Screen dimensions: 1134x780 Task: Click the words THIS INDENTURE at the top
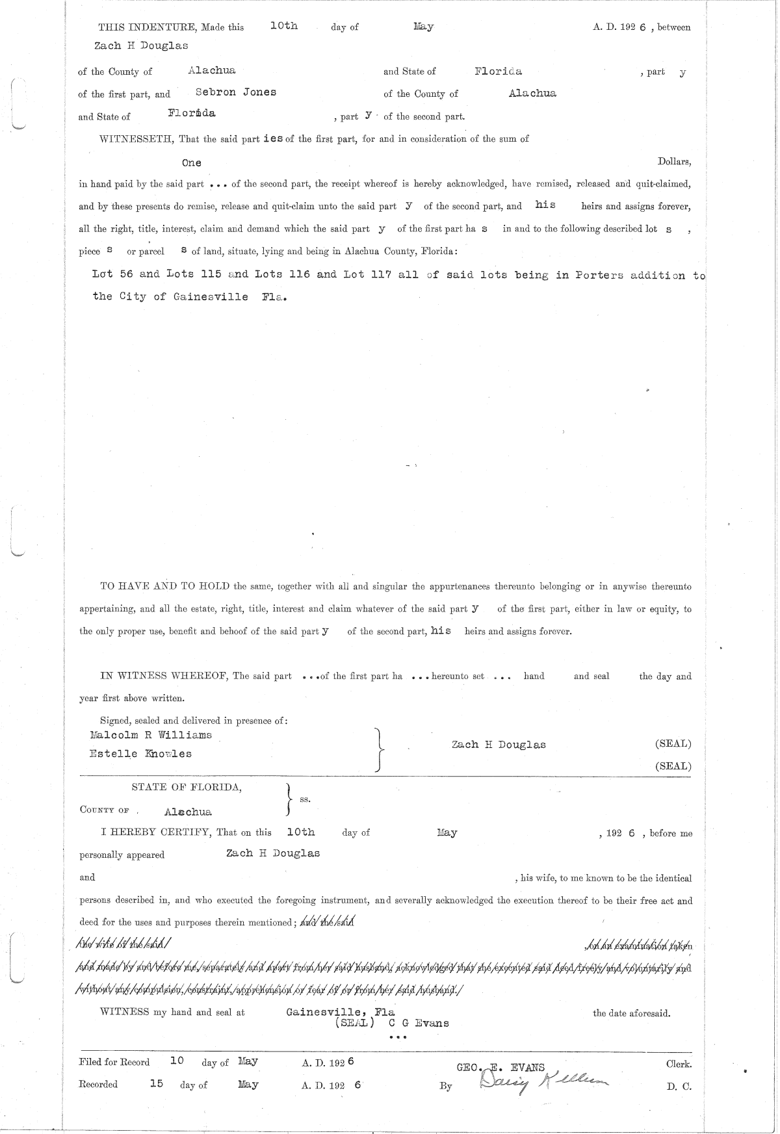pyautogui.click(x=138, y=27)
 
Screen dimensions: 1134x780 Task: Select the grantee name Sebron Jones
pyautogui.click(x=236, y=92)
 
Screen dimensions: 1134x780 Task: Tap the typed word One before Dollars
pyautogui.click(x=192, y=162)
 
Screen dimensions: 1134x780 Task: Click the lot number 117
pyautogui.click(x=379, y=274)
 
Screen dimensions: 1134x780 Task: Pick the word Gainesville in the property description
pyautogui.click(x=210, y=296)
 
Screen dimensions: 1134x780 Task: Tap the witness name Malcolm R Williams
pyautogui.click(x=151, y=735)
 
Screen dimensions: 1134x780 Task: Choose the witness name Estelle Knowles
pyautogui.click(x=140, y=754)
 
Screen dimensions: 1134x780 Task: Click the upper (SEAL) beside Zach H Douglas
pyautogui.click(x=673, y=744)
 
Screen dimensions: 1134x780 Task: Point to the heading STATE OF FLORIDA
pyautogui.click(x=187, y=787)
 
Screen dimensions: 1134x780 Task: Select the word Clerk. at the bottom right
pyautogui.click(x=679, y=1064)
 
